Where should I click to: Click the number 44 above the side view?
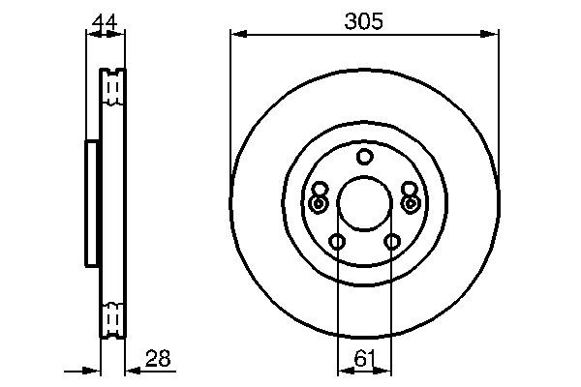[x=106, y=20]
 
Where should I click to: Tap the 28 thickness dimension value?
[x=158, y=359]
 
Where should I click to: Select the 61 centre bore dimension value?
[x=364, y=359]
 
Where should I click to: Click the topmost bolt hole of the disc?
[x=364, y=157]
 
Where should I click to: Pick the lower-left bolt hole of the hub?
[x=336, y=242]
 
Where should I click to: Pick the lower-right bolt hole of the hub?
[x=392, y=242]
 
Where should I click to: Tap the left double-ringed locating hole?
[x=319, y=204]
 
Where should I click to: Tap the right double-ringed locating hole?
[x=410, y=204]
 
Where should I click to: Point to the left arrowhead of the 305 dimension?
[x=236, y=36]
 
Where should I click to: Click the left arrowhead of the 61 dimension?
[x=342, y=370]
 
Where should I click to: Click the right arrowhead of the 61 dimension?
[x=386, y=370]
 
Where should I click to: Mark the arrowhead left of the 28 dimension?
[x=96, y=370]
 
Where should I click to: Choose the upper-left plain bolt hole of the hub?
[x=321, y=189]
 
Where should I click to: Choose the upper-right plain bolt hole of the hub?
[x=409, y=189]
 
